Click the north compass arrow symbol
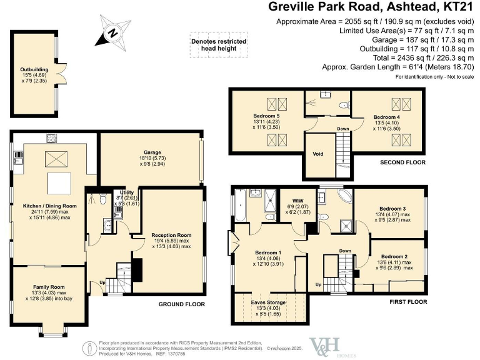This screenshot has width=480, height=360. (x=111, y=32)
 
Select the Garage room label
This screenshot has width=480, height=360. (x=152, y=152)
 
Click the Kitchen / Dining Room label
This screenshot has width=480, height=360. (x=49, y=206)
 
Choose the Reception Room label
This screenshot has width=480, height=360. (x=171, y=236)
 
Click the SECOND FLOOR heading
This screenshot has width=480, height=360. (x=403, y=162)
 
